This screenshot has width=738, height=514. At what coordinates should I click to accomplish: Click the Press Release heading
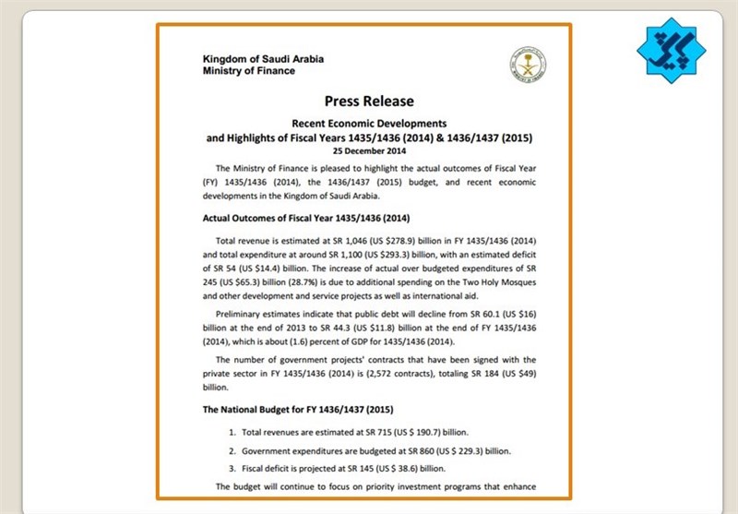click(x=368, y=101)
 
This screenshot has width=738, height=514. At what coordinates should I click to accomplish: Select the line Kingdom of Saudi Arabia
click(x=263, y=59)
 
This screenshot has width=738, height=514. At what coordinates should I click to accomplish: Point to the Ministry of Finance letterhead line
click(x=249, y=71)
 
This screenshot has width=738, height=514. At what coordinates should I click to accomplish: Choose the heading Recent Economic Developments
click(x=368, y=123)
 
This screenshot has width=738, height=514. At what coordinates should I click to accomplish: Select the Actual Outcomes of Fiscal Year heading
click(x=304, y=219)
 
